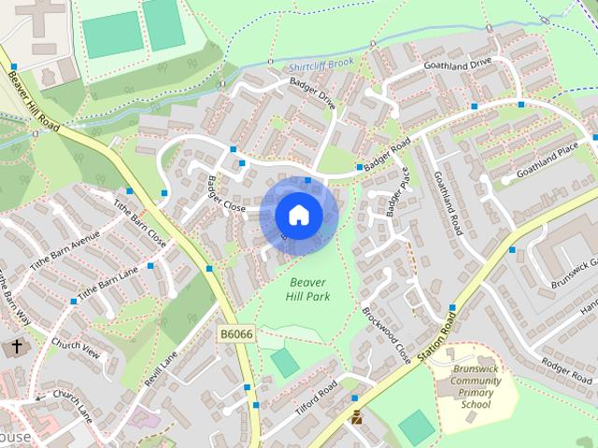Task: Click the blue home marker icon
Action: (x=298, y=215)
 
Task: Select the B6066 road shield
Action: (x=237, y=333)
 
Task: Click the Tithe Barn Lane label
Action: (x=107, y=283)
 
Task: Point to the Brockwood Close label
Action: (x=386, y=335)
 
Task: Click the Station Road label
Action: (x=436, y=340)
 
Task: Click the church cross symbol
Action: (x=16, y=347)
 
